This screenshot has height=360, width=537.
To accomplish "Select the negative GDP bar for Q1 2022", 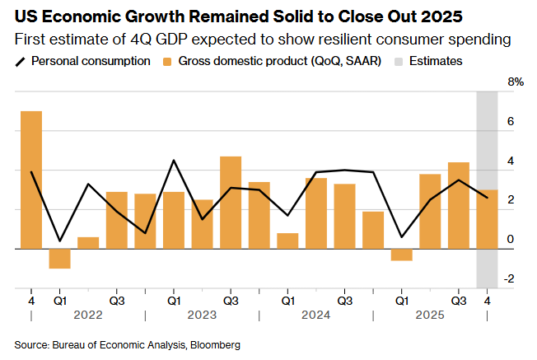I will [59, 258].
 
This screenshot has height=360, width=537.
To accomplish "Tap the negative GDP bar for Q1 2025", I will [401, 255].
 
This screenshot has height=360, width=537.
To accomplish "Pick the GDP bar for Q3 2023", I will [231, 202].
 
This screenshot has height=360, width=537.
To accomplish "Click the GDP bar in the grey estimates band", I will [488, 219].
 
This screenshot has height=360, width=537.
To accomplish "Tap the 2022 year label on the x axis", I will [88, 315].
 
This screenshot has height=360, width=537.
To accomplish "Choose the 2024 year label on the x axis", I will [315, 315].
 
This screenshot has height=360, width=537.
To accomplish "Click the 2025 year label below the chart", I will [429, 315].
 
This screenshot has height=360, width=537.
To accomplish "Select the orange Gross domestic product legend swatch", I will [167, 61].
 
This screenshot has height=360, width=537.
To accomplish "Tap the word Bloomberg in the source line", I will [216, 344].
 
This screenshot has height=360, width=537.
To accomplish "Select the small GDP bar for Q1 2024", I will [287, 241].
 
